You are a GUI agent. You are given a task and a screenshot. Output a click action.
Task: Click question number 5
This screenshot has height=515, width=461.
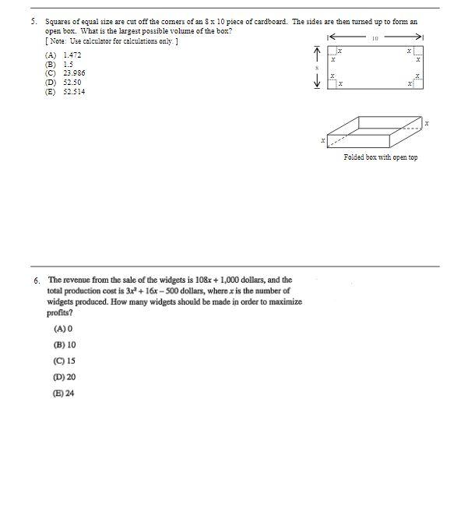coord(34,22)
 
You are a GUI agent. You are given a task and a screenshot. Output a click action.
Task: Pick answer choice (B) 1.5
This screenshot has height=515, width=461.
coord(60,65)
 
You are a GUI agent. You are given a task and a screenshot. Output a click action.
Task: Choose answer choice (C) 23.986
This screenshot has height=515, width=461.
coord(65,73)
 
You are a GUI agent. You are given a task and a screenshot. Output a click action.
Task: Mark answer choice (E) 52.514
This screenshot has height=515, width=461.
coord(65,92)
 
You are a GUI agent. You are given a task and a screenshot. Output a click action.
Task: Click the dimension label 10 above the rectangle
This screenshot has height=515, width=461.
coord(375,37)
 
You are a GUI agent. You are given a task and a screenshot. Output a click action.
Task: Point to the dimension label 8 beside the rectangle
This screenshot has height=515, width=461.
coord(317,69)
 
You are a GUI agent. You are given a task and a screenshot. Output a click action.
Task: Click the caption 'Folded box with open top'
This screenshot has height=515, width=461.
coord(380,157)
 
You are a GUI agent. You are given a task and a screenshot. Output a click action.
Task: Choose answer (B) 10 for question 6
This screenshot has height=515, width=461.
coord(65,344)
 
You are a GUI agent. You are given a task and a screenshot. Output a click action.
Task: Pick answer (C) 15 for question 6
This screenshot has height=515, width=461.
coord(65,361)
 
